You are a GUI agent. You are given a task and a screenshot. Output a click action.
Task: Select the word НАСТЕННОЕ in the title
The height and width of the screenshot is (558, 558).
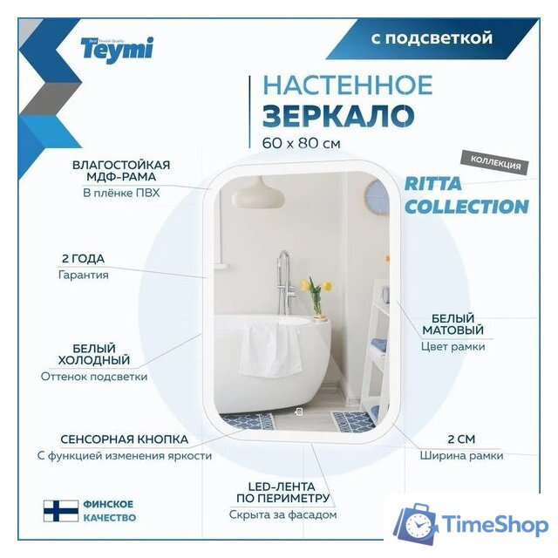pos(347,85)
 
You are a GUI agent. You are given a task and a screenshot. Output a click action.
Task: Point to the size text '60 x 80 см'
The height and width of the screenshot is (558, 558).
pos(300,142)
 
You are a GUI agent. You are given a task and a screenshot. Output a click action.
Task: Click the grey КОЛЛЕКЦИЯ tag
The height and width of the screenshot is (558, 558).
pos(495,163)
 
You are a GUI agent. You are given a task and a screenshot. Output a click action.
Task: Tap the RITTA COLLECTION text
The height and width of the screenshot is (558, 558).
pos(466,195)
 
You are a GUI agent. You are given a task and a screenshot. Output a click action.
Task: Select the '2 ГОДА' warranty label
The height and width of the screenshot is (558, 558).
pos(84,259)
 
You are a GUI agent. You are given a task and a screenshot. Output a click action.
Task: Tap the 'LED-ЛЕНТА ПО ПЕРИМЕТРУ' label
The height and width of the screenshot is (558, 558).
pos(280,492)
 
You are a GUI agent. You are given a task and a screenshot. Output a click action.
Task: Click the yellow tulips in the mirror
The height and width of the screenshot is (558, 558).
pos(316,287)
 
